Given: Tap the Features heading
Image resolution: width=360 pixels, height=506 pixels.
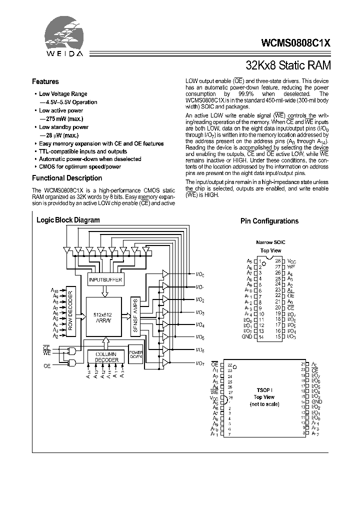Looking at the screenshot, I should (45, 81).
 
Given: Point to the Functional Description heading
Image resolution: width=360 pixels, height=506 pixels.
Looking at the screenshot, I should (67, 178).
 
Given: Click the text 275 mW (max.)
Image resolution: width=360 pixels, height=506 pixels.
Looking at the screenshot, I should (63, 118).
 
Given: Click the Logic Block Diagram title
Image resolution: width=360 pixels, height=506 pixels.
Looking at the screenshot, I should (68, 220).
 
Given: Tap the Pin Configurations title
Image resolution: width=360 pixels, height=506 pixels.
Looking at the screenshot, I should (269, 221).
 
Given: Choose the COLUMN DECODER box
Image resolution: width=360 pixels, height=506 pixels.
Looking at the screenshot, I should (106, 356).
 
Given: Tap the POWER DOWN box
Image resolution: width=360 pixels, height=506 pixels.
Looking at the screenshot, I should (136, 355).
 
